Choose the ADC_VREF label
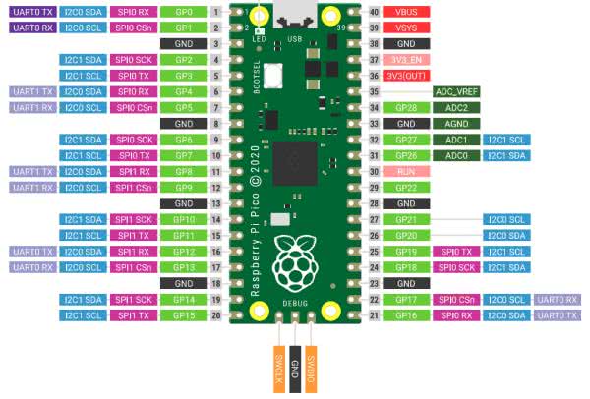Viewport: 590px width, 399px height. [x=455, y=91]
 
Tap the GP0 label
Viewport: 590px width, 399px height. [x=183, y=12]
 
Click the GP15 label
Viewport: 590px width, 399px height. [x=183, y=314]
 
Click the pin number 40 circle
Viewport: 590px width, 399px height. [x=374, y=12]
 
